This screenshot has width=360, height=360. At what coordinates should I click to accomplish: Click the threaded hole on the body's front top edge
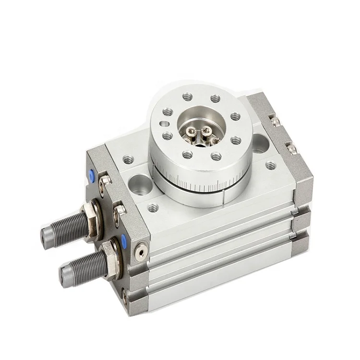pyautogui.click(x=153, y=208)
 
